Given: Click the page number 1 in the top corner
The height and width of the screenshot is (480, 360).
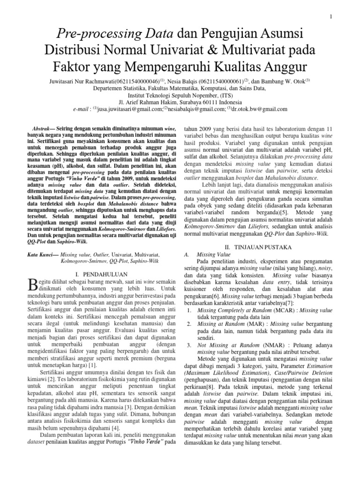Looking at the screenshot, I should click(330, 17).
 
